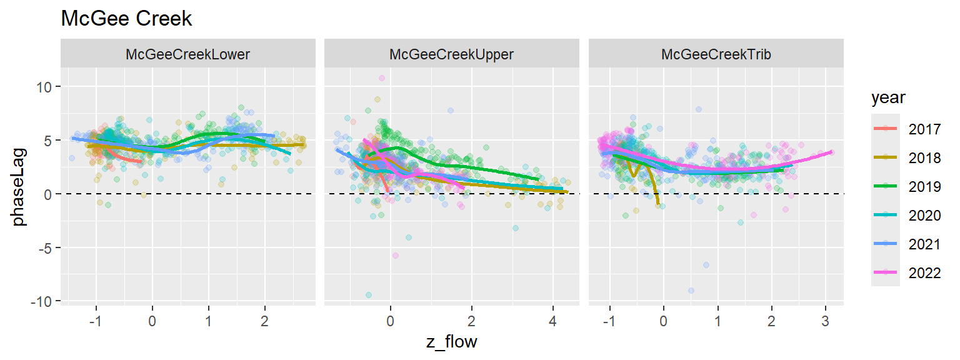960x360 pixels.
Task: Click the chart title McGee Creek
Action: [126, 19]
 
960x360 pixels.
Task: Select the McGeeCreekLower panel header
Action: [187, 54]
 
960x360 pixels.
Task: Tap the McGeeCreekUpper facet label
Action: [451, 54]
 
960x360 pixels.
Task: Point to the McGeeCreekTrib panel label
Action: [716, 54]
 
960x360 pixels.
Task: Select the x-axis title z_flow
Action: [451, 342]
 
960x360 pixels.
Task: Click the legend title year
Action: [888, 99]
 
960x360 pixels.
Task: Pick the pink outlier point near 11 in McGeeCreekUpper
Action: [381, 78]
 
